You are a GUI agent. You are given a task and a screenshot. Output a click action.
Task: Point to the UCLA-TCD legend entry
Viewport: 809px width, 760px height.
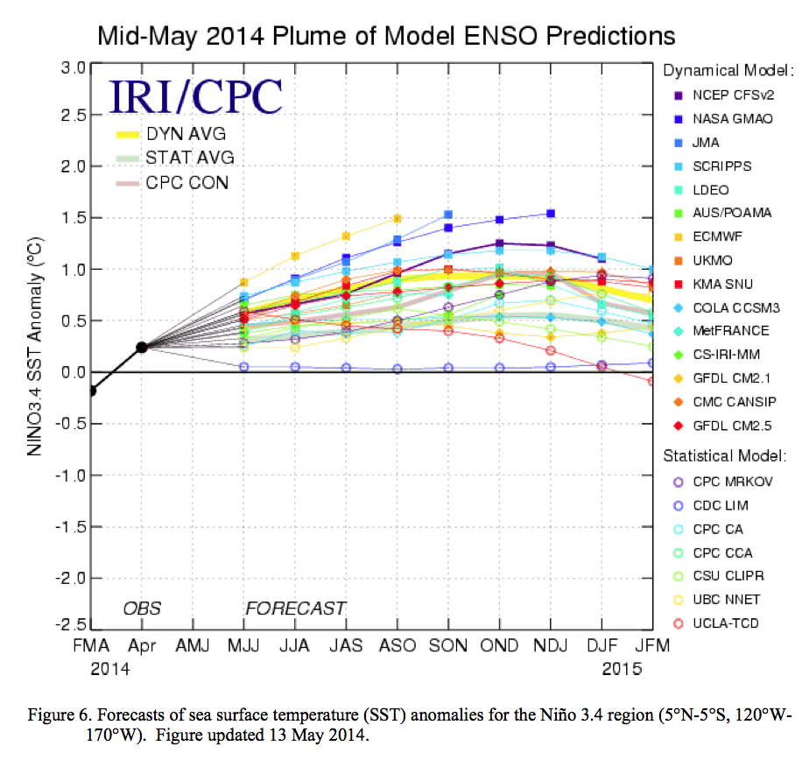pos(722,623)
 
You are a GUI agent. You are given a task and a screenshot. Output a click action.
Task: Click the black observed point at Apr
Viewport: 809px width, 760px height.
pos(142,348)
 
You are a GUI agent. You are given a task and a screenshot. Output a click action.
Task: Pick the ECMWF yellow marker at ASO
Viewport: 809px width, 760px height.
pos(397,218)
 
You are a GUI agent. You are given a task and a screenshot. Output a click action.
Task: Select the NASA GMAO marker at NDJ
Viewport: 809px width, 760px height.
pos(551,214)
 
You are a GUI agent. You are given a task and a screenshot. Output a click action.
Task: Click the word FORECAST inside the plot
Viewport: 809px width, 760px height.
pos(296,609)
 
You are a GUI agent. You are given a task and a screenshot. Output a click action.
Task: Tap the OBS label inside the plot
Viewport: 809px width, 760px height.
pos(142,609)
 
